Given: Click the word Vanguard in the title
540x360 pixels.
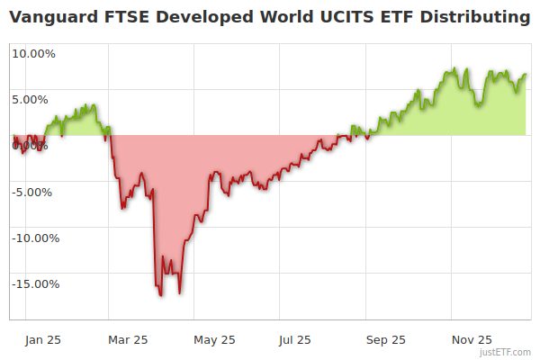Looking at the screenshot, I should coord(50,17).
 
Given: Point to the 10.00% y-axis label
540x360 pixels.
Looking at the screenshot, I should coord(33,53).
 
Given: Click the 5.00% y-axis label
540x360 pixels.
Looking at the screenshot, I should coord(33,99).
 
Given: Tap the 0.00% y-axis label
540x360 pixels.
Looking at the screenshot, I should coord(33,146).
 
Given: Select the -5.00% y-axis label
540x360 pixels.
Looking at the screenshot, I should coord(33,192).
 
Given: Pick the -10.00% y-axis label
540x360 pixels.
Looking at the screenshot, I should coord(33,238).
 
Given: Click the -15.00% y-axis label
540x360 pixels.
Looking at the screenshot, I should coord(33,284).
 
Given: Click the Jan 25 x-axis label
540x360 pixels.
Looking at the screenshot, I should coord(44,339).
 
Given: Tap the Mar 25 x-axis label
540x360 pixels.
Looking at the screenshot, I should coord(127,339).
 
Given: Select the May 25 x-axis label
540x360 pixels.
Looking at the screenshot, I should coord(214,339).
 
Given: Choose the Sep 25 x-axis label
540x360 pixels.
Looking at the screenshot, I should coord(385,339).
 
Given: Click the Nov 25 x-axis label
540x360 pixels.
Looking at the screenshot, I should coord(471,339).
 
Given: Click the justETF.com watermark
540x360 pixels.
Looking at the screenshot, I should coord(507,353).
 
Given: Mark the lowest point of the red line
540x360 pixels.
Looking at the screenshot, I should coord(160,295).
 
